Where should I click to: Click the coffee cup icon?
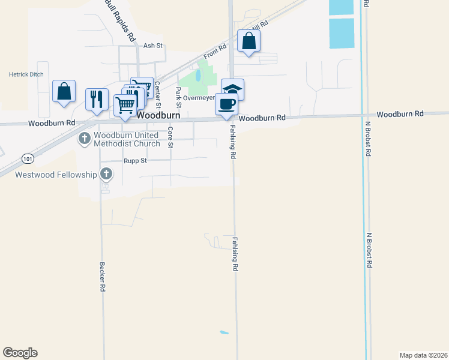pos(226,104)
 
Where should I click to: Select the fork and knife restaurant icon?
pos(97,99)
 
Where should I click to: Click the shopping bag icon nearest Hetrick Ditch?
pos(64,92)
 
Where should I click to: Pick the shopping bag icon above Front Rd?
pos(249,41)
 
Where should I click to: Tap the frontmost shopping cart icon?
pos(125,105)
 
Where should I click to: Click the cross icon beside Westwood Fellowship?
pos(106,174)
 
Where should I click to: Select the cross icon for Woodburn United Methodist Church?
pos(84,139)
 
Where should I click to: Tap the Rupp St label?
pos(135,161)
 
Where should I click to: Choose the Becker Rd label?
pos(103,277)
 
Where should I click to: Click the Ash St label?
pos(154,46)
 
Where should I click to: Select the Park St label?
pos(178,93)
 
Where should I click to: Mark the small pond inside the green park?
pos(197,76)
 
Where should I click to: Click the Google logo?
pos(20,353)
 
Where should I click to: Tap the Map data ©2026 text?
pos(423,355)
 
